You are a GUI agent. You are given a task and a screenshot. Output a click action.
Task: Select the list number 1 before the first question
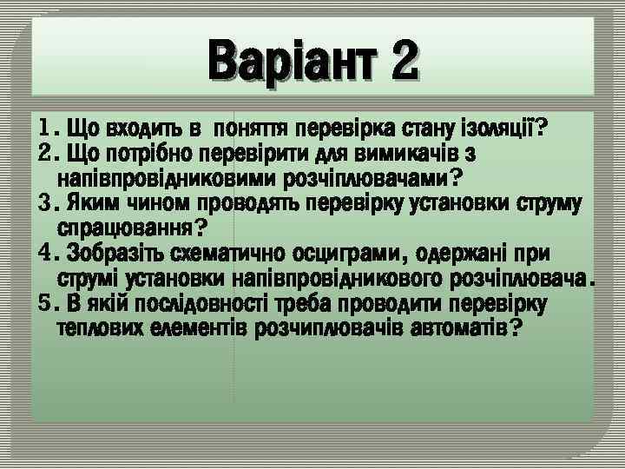tap(46, 130)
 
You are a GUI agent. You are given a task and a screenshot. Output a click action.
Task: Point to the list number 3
tap(46, 205)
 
